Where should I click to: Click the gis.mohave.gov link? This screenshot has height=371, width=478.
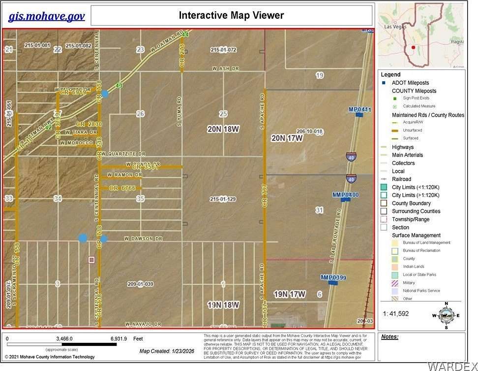pos(46,16)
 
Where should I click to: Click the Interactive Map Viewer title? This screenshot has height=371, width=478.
pos(231,15)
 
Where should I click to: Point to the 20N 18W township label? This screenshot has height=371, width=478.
pos(223,129)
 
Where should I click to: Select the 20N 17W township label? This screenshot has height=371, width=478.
pos(287,138)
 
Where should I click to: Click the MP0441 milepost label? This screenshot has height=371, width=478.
pos(360,109)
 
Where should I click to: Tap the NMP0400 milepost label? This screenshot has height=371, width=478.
pos(346,195)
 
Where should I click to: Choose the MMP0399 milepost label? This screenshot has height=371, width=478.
pos(333,278)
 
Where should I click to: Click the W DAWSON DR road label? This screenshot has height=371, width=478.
pos(143,238)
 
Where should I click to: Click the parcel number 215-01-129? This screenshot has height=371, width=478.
pos(223,199)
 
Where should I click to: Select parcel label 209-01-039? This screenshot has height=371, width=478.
pos(140,284)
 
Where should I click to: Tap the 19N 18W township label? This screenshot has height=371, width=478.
pos(223,305)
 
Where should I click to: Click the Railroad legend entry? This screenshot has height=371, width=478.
pos(401,179)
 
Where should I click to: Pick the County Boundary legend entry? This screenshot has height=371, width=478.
pos(411,203)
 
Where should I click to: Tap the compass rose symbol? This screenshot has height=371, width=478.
pos(446,315)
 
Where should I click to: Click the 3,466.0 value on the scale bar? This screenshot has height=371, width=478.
pos(64,339)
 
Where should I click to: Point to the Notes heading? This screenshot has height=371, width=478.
pos(389,337)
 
